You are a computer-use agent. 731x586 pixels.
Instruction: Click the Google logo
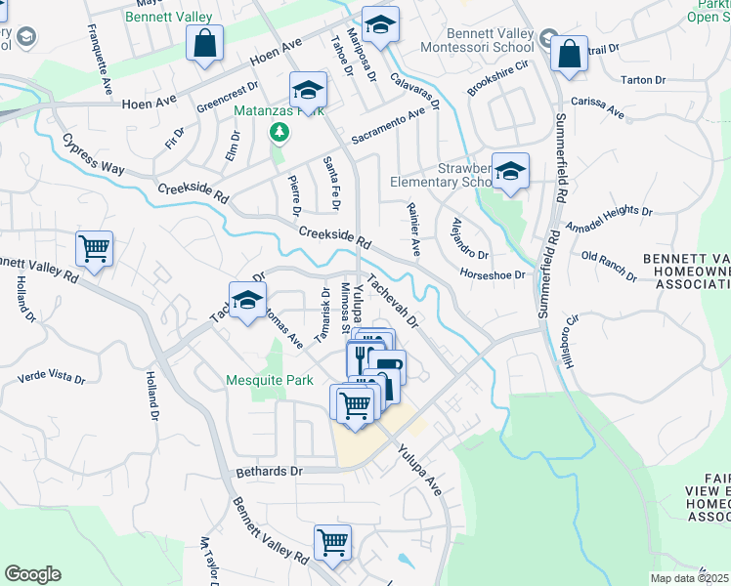coord(32,574)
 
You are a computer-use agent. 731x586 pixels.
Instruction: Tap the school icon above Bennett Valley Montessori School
coord(380,23)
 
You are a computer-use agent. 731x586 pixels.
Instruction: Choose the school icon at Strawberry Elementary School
coord(509,172)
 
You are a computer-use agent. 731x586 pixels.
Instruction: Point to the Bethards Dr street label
coord(270,471)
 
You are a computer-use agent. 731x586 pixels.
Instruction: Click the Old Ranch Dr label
coord(608,266)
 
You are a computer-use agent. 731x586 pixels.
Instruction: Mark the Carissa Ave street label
coord(597,107)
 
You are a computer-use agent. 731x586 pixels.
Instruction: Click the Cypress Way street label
coord(94,155)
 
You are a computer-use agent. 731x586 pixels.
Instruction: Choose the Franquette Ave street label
coord(101,44)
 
